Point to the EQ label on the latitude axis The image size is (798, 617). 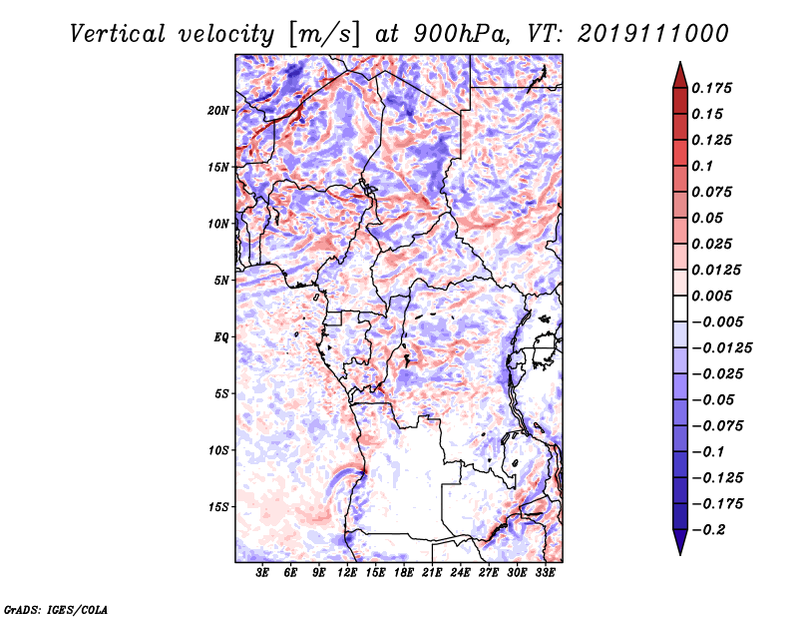coord(221,337)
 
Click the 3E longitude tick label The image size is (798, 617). coord(263,574)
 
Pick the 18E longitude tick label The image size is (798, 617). coord(404,574)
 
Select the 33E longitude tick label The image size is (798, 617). coord(545,574)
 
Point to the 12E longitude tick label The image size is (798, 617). coord(348,574)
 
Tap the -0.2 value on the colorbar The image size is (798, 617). coord(709,529)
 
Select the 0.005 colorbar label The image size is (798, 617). coord(714,296)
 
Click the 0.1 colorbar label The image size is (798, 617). coord(704,166)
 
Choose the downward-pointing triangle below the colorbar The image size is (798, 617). coord(679,543)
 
